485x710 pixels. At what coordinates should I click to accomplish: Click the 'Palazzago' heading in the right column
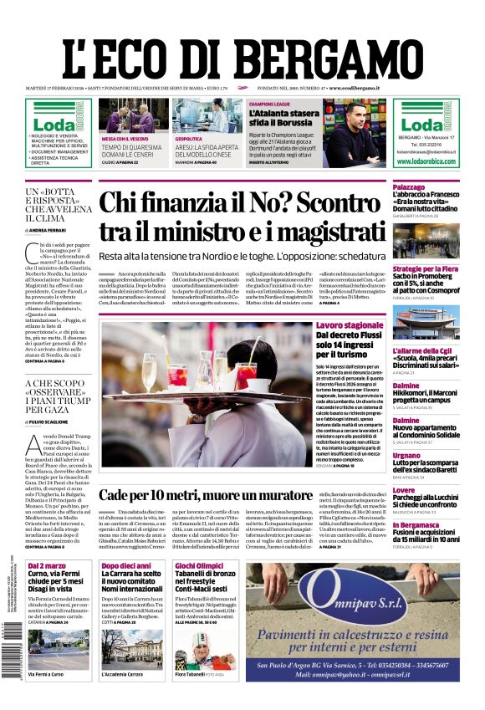click(409, 186)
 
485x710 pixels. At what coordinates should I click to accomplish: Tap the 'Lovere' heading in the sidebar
click(404, 490)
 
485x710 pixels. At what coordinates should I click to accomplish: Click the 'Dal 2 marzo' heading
click(47, 566)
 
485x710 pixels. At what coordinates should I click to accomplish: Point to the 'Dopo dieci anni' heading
click(126, 566)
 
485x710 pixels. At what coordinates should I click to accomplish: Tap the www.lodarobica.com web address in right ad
click(426, 161)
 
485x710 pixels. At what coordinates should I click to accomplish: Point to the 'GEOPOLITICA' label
click(188, 139)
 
